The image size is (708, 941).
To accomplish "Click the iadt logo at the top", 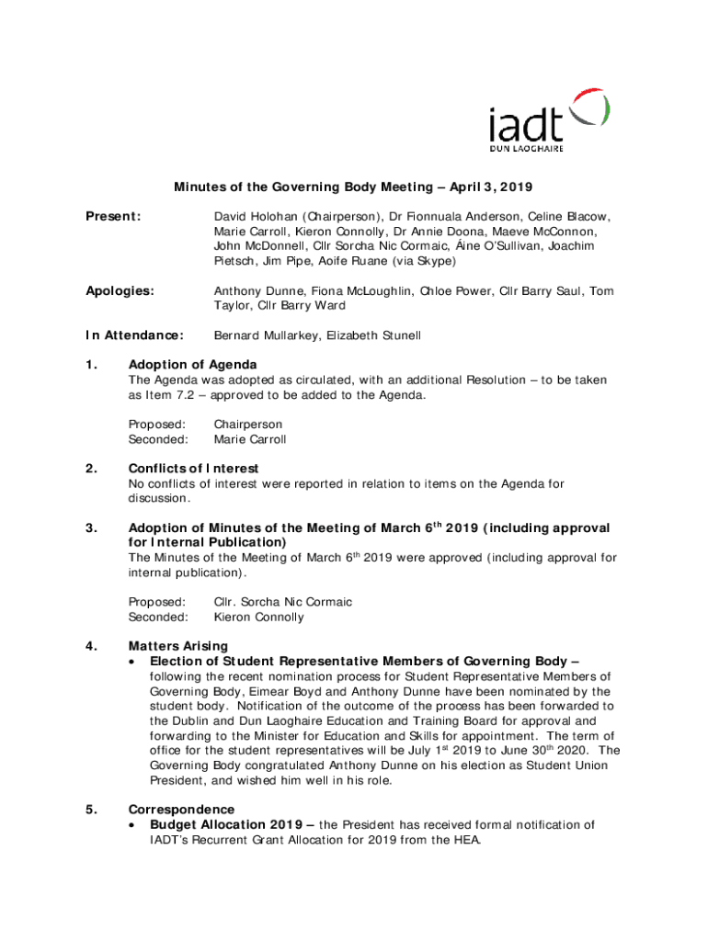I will (x=548, y=120).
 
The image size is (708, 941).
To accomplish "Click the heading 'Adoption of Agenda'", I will (x=192, y=365).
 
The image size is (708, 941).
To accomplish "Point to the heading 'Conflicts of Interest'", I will (x=193, y=469).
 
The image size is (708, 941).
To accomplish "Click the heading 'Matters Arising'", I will (x=178, y=646).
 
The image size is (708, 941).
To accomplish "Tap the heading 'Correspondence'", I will (x=181, y=810).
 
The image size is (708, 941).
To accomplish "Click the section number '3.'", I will (x=91, y=527).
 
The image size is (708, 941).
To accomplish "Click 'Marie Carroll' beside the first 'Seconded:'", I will (x=250, y=439).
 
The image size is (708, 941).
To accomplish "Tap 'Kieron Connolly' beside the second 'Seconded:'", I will (x=258, y=617).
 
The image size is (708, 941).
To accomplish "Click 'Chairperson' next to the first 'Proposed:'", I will (x=248, y=425).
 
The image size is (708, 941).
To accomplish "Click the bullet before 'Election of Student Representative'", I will (x=135, y=662).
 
